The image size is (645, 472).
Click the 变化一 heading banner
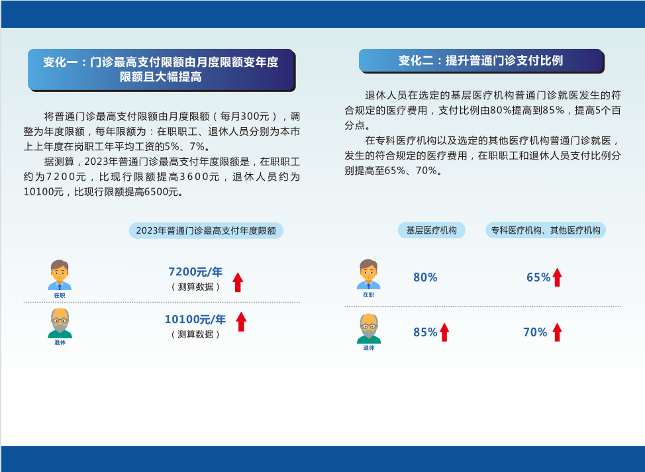tap(162, 70)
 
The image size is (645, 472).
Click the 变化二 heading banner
tap(481, 61)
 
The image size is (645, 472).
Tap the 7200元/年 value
tap(195, 272)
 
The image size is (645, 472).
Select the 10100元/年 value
tap(195, 320)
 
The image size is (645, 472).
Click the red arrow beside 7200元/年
tap(238, 282)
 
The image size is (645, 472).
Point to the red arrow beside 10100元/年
tap(242, 322)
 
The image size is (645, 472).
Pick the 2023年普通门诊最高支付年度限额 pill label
tap(206, 230)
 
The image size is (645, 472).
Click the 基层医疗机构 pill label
tap(432, 230)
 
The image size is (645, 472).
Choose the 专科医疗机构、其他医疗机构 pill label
tap(546, 230)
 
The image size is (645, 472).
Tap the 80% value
tap(425, 277)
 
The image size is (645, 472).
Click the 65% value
tap(538, 277)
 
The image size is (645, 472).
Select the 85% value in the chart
tap(425, 332)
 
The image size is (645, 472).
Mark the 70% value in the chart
tap(535, 332)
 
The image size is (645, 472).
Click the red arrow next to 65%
tap(558, 277)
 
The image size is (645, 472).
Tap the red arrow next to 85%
tap(444, 332)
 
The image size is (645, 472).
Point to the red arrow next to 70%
tap(558, 332)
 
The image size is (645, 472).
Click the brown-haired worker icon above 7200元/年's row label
tap(60, 275)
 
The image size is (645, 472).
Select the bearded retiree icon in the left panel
tap(60, 323)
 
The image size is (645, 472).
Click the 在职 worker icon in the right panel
tap(369, 274)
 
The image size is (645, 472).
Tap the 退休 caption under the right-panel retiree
tap(369, 348)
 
